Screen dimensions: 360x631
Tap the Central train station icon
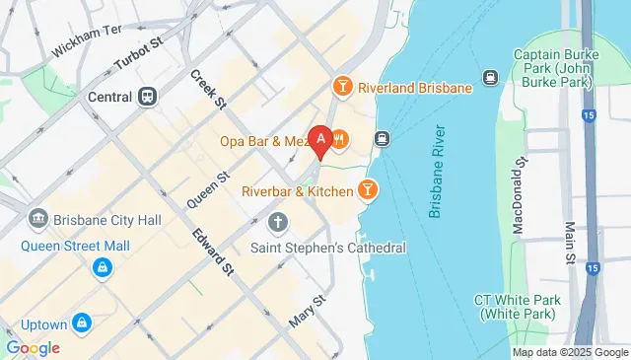148,97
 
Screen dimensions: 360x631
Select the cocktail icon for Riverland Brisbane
342,87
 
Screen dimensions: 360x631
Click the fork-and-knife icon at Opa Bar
339,140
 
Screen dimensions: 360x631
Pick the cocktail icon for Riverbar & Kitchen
368,187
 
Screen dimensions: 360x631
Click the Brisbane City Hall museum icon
38,217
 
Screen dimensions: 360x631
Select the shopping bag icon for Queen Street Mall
101,267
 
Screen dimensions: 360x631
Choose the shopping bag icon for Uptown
82,323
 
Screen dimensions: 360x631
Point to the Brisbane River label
438,172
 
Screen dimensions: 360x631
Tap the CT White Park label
518,307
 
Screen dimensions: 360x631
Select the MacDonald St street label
518,200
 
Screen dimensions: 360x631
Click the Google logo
33,347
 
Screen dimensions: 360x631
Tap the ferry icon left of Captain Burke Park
488,77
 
